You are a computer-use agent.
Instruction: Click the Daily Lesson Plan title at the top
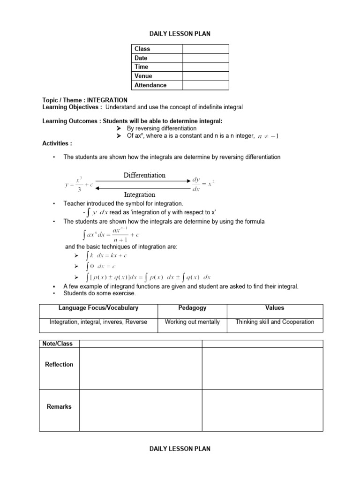pos(180,33)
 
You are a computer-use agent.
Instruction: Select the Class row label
pos(142,49)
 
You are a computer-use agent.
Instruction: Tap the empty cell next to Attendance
pos(206,85)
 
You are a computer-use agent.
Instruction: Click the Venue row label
pos(143,76)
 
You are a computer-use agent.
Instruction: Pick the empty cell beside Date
pos(206,58)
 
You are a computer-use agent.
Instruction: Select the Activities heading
pos(57,143)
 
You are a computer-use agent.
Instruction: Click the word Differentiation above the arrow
pos(144,175)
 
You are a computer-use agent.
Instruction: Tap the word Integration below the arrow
pos(140,194)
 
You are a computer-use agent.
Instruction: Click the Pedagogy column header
pos(192,308)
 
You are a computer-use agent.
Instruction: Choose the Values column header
pos(275,308)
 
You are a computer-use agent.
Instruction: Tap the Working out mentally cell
pos(192,322)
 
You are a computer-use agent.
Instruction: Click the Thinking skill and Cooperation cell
pos(275,322)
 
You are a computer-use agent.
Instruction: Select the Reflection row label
pos(59,365)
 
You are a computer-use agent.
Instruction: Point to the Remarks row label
pos(59,407)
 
